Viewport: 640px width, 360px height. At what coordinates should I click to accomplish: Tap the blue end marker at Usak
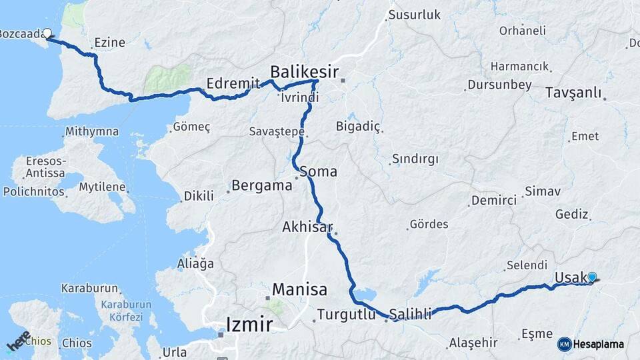click(x=591, y=277)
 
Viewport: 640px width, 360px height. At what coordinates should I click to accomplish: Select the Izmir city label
click(x=249, y=325)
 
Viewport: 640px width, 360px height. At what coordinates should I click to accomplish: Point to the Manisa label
click(x=299, y=290)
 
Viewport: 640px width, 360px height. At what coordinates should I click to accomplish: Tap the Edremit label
click(x=233, y=84)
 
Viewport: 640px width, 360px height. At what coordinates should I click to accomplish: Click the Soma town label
click(x=318, y=171)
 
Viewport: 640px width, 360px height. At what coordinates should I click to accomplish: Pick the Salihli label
click(x=411, y=313)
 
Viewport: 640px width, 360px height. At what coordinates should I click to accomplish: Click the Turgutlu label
click(x=346, y=314)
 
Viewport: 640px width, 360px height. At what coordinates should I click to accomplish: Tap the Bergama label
click(x=262, y=185)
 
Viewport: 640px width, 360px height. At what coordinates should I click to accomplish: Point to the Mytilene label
click(x=102, y=187)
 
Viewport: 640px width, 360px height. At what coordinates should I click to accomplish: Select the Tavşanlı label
click(x=573, y=92)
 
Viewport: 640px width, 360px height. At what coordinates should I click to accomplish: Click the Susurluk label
click(x=414, y=15)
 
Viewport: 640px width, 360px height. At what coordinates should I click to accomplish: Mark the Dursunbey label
click(x=499, y=85)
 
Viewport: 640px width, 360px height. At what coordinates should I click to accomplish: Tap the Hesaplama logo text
click(x=598, y=345)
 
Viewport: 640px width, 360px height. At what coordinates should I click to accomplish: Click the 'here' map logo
click(x=19, y=340)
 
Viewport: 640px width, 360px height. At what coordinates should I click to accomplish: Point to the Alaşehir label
click(x=473, y=343)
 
